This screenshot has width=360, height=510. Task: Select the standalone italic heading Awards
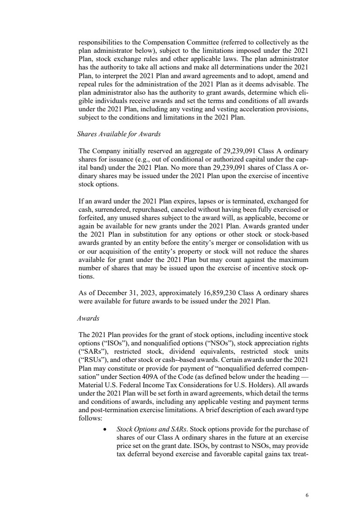87,319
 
